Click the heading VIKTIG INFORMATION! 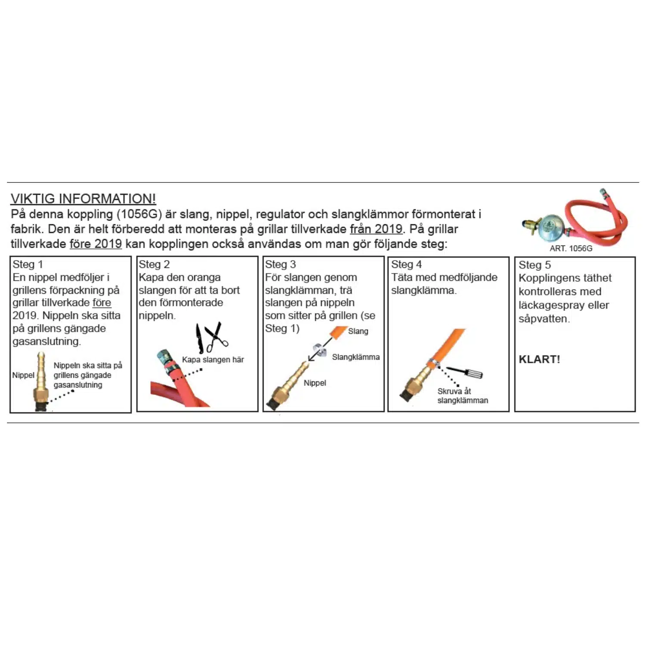pos(83,199)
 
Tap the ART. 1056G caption pos(571,248)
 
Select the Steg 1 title pos(28,264)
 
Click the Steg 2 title pos(154,264)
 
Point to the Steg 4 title pos(406,264)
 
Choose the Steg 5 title pos(534,265)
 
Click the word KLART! pos(539,359)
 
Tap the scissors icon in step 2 pos(216,336)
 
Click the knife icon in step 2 pos(199,338)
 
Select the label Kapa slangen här pos(213,360)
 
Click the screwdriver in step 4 pos(465,373)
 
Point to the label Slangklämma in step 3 pos(356,357)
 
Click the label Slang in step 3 pos(358,331)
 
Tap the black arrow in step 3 pos(320,349)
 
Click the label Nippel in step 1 pos(23,375)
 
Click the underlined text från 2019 pos(376,229)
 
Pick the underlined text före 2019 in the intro pos(96,244)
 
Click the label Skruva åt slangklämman pos(463,396)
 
